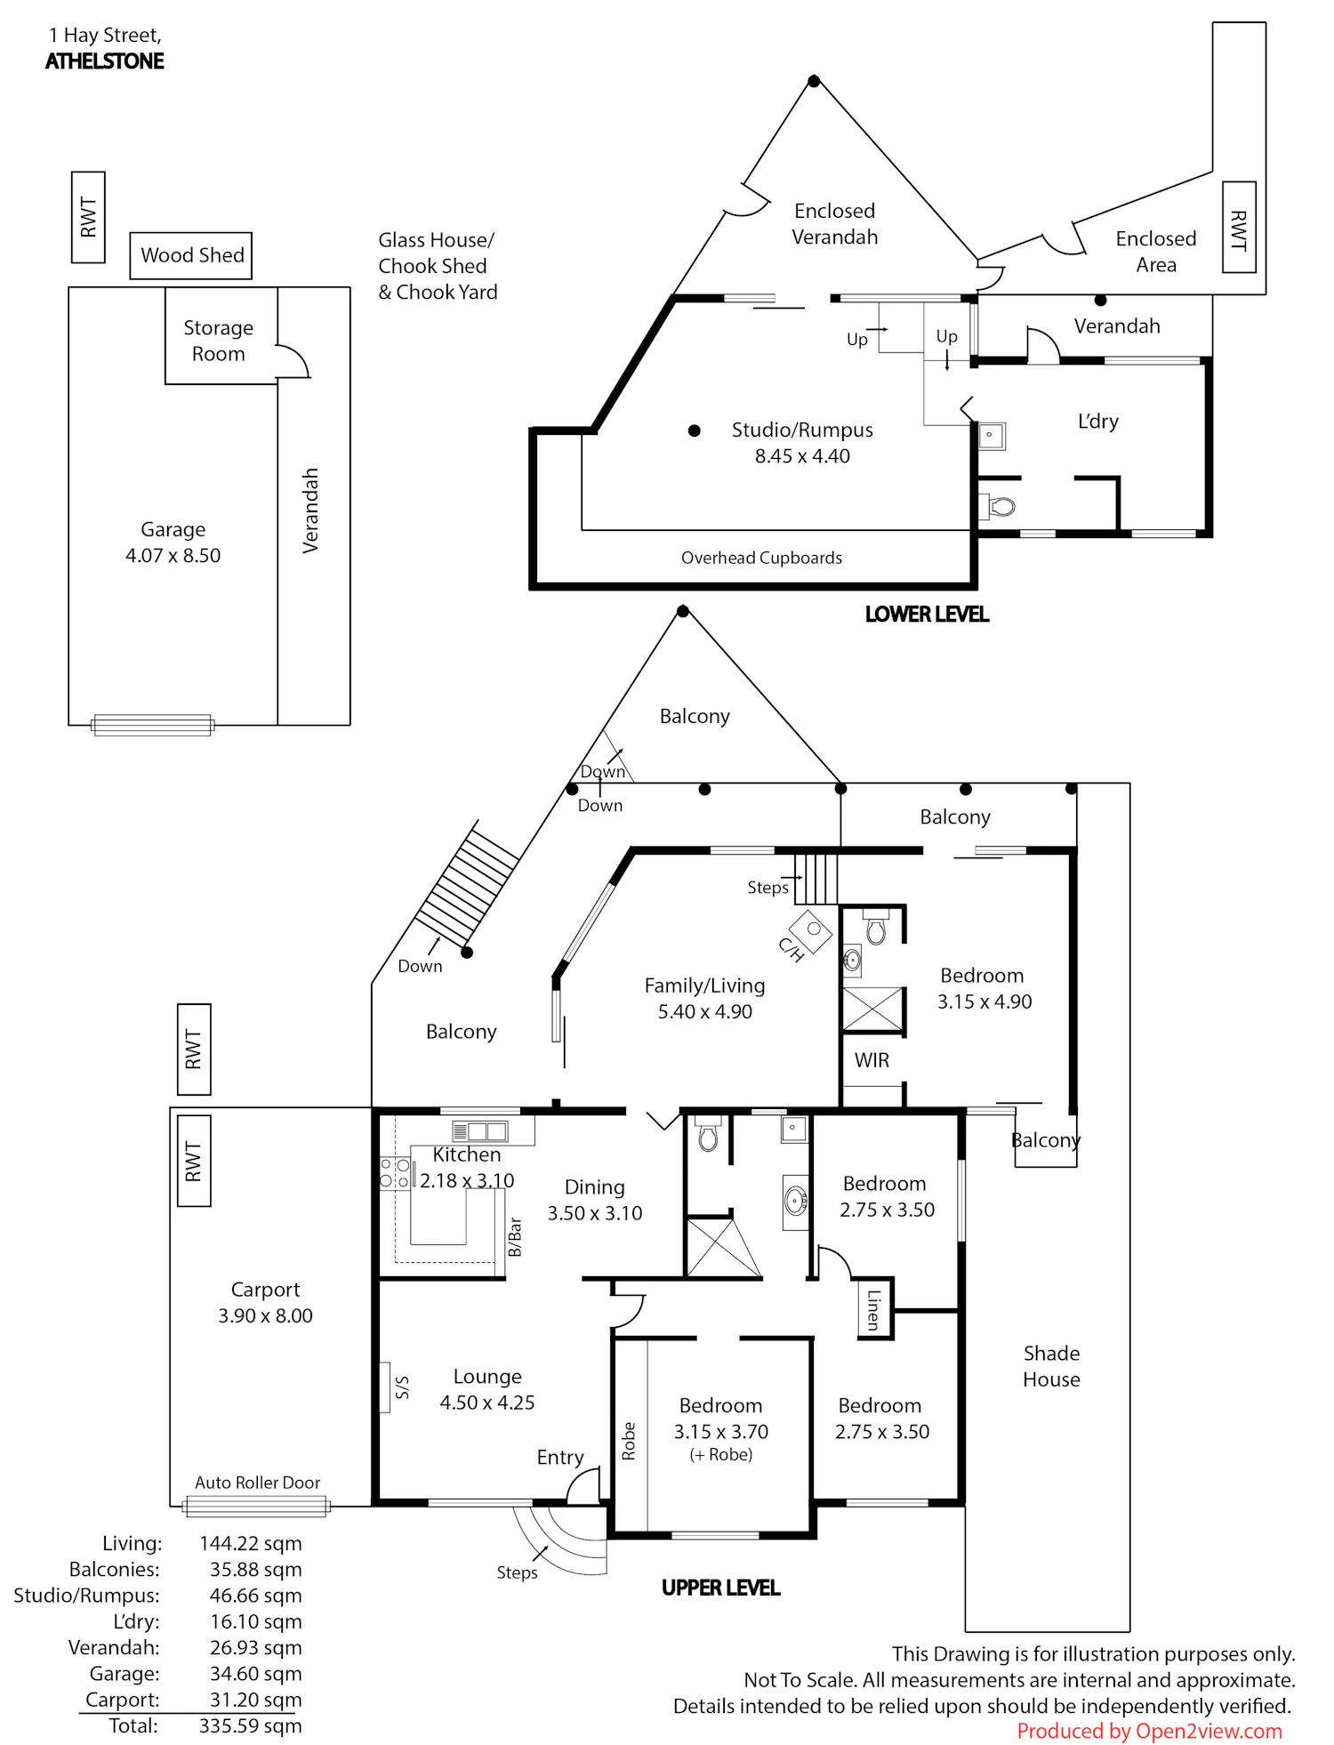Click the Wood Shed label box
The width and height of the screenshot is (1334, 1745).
click(191, 256)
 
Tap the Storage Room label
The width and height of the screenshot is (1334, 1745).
click(219, 341)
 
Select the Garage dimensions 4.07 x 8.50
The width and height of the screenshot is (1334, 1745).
click(173, 556)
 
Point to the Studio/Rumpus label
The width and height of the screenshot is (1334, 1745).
click(802, 430)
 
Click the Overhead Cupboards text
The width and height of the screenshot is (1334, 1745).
click(761, 558)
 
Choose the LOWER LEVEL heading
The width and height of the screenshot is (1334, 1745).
click(927, 615)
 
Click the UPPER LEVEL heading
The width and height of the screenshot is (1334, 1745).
click(720, 1588)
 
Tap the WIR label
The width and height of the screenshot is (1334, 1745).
click(872, 1060)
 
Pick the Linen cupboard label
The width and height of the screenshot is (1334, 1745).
click(873, 1309)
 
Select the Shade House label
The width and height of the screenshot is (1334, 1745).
click(1051, 1366)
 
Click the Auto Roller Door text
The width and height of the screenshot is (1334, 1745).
click(258, 1483)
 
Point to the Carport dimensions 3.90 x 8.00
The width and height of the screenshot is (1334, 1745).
click(266, 1316)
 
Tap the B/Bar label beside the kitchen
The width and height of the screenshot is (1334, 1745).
click(514, 1237)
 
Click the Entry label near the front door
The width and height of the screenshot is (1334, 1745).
click(560, 1458)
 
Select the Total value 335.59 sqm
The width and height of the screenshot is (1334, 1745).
click(251, 1726)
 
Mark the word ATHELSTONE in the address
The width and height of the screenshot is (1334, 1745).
click(105, 61)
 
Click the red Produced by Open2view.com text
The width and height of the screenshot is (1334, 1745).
click(1150, 1732)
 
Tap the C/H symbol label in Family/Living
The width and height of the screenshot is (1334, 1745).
click(791, 950)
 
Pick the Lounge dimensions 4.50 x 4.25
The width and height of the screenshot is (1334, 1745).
click(487, 1403)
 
